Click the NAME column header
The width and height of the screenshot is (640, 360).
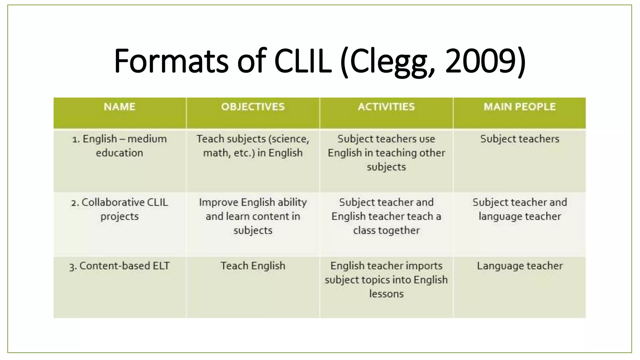point(120,107)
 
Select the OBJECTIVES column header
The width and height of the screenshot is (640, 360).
point(253,107)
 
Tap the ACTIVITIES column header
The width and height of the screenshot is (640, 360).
point(386,107)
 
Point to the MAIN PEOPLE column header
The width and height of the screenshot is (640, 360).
point(519,107)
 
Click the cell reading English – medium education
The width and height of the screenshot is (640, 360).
point(119,146)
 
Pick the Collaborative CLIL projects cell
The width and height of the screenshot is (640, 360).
point(119,209)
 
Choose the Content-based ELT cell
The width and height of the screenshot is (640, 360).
point(119,266)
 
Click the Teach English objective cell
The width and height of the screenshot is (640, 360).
point(253,266)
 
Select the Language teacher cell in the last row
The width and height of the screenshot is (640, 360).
point(519,266)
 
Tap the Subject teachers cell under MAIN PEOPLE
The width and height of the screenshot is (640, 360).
point(519,139)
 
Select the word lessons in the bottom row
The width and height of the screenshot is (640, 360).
point(386,294)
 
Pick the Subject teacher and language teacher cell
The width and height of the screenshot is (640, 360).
point(519,209)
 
